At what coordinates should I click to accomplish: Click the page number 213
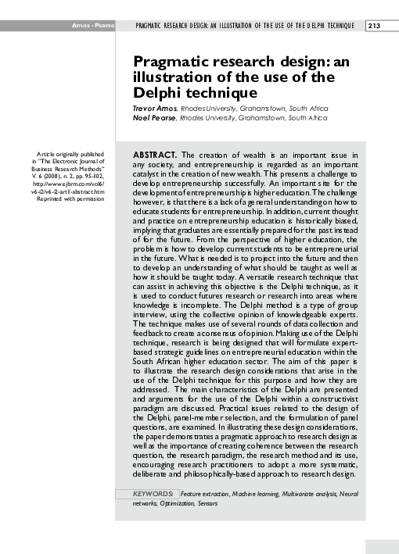point(373,26)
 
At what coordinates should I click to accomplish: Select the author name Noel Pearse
point(153,118)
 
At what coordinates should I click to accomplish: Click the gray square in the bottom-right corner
point(382,546)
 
